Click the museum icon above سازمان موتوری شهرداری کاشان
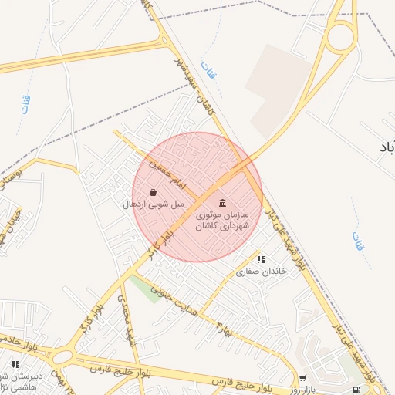pyautogui.click(x=223, y=202)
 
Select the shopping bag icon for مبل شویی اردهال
pyautogui.click(x=153, y=192)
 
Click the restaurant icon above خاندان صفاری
pyautogui.click(x=261, y=259)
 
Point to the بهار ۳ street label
pyautogui.click(x=225, y=327)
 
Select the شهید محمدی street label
pyautogui.click(x=126, y=316)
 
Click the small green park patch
pyautogui.click(x=140, y=287)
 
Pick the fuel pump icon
pyautogui.click(x=356, y=390)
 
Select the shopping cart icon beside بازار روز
pyautogui.click(x=302, y=378)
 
